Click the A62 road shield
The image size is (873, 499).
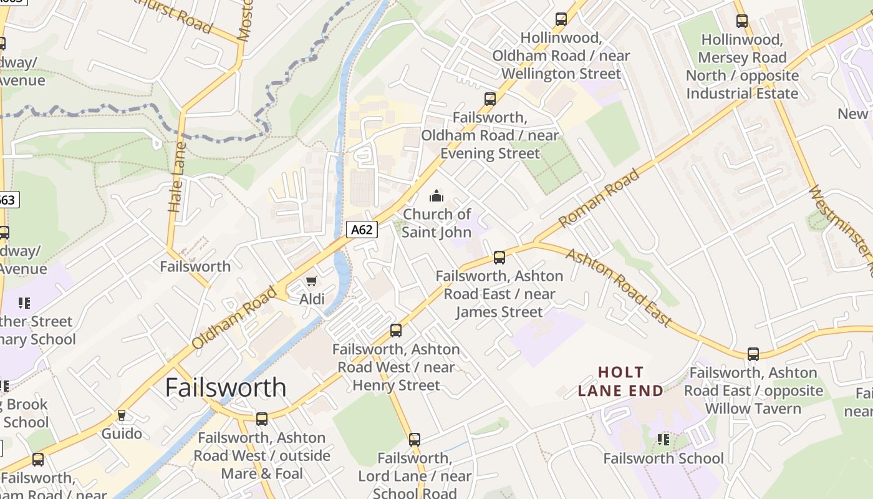362,230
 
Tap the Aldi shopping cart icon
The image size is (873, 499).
312,282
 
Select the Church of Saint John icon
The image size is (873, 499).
436,196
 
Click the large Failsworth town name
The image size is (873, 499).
226,387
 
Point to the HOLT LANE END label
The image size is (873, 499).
620,382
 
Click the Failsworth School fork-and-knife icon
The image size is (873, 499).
663,440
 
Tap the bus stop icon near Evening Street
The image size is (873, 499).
490,99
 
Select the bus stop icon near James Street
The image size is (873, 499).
499,257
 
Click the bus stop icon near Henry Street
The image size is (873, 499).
396,330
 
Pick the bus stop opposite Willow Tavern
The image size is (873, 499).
753,354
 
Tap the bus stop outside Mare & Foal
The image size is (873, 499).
262,419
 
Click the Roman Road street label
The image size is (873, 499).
599,198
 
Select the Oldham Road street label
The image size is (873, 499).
234,317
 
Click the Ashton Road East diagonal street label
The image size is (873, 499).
619,288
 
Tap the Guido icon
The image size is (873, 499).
122,415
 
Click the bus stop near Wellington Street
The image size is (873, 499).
561,19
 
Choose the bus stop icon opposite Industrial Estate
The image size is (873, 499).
741,21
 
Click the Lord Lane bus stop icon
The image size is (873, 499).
415,439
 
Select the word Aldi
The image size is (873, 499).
312,299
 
